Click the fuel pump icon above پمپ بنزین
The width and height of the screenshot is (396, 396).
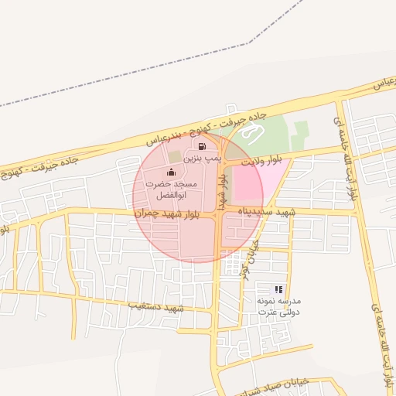coord(203,145)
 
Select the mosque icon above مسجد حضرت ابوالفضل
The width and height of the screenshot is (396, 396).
coord(171,172)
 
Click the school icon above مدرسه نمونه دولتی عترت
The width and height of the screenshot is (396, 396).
coord(278,289)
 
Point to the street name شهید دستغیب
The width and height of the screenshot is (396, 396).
coord(157,307)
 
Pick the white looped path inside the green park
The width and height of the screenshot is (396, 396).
coord(250,134)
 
